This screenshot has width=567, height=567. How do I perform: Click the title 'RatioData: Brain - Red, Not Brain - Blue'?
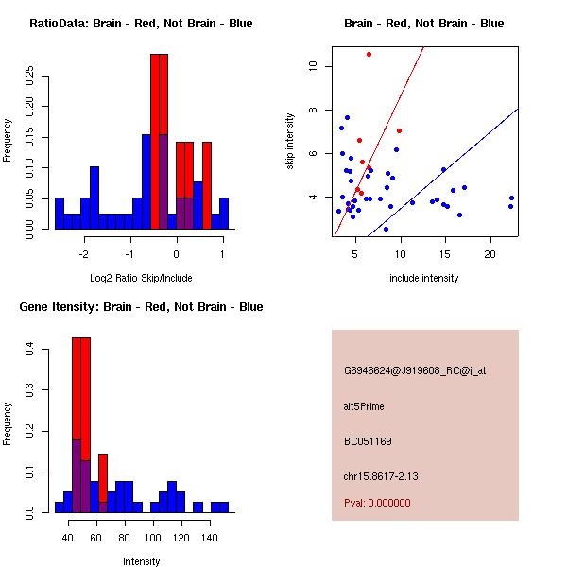[x=141, y=24]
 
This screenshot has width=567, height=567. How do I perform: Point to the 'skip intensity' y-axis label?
[x=290, y=142]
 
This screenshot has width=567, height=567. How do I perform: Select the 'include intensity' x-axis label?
[x=423, y=278]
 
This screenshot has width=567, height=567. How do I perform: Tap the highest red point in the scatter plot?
[x=369, y=55]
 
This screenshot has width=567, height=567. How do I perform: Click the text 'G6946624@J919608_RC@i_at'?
[x=415, y=371]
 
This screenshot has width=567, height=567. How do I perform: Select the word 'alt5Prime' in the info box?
[x=364, y=407]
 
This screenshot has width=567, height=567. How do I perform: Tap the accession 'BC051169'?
[x=368, y=441]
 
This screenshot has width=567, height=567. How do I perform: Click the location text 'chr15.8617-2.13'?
[x=381, y=475]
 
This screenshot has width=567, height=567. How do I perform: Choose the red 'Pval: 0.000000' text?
[x=377, y=503]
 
